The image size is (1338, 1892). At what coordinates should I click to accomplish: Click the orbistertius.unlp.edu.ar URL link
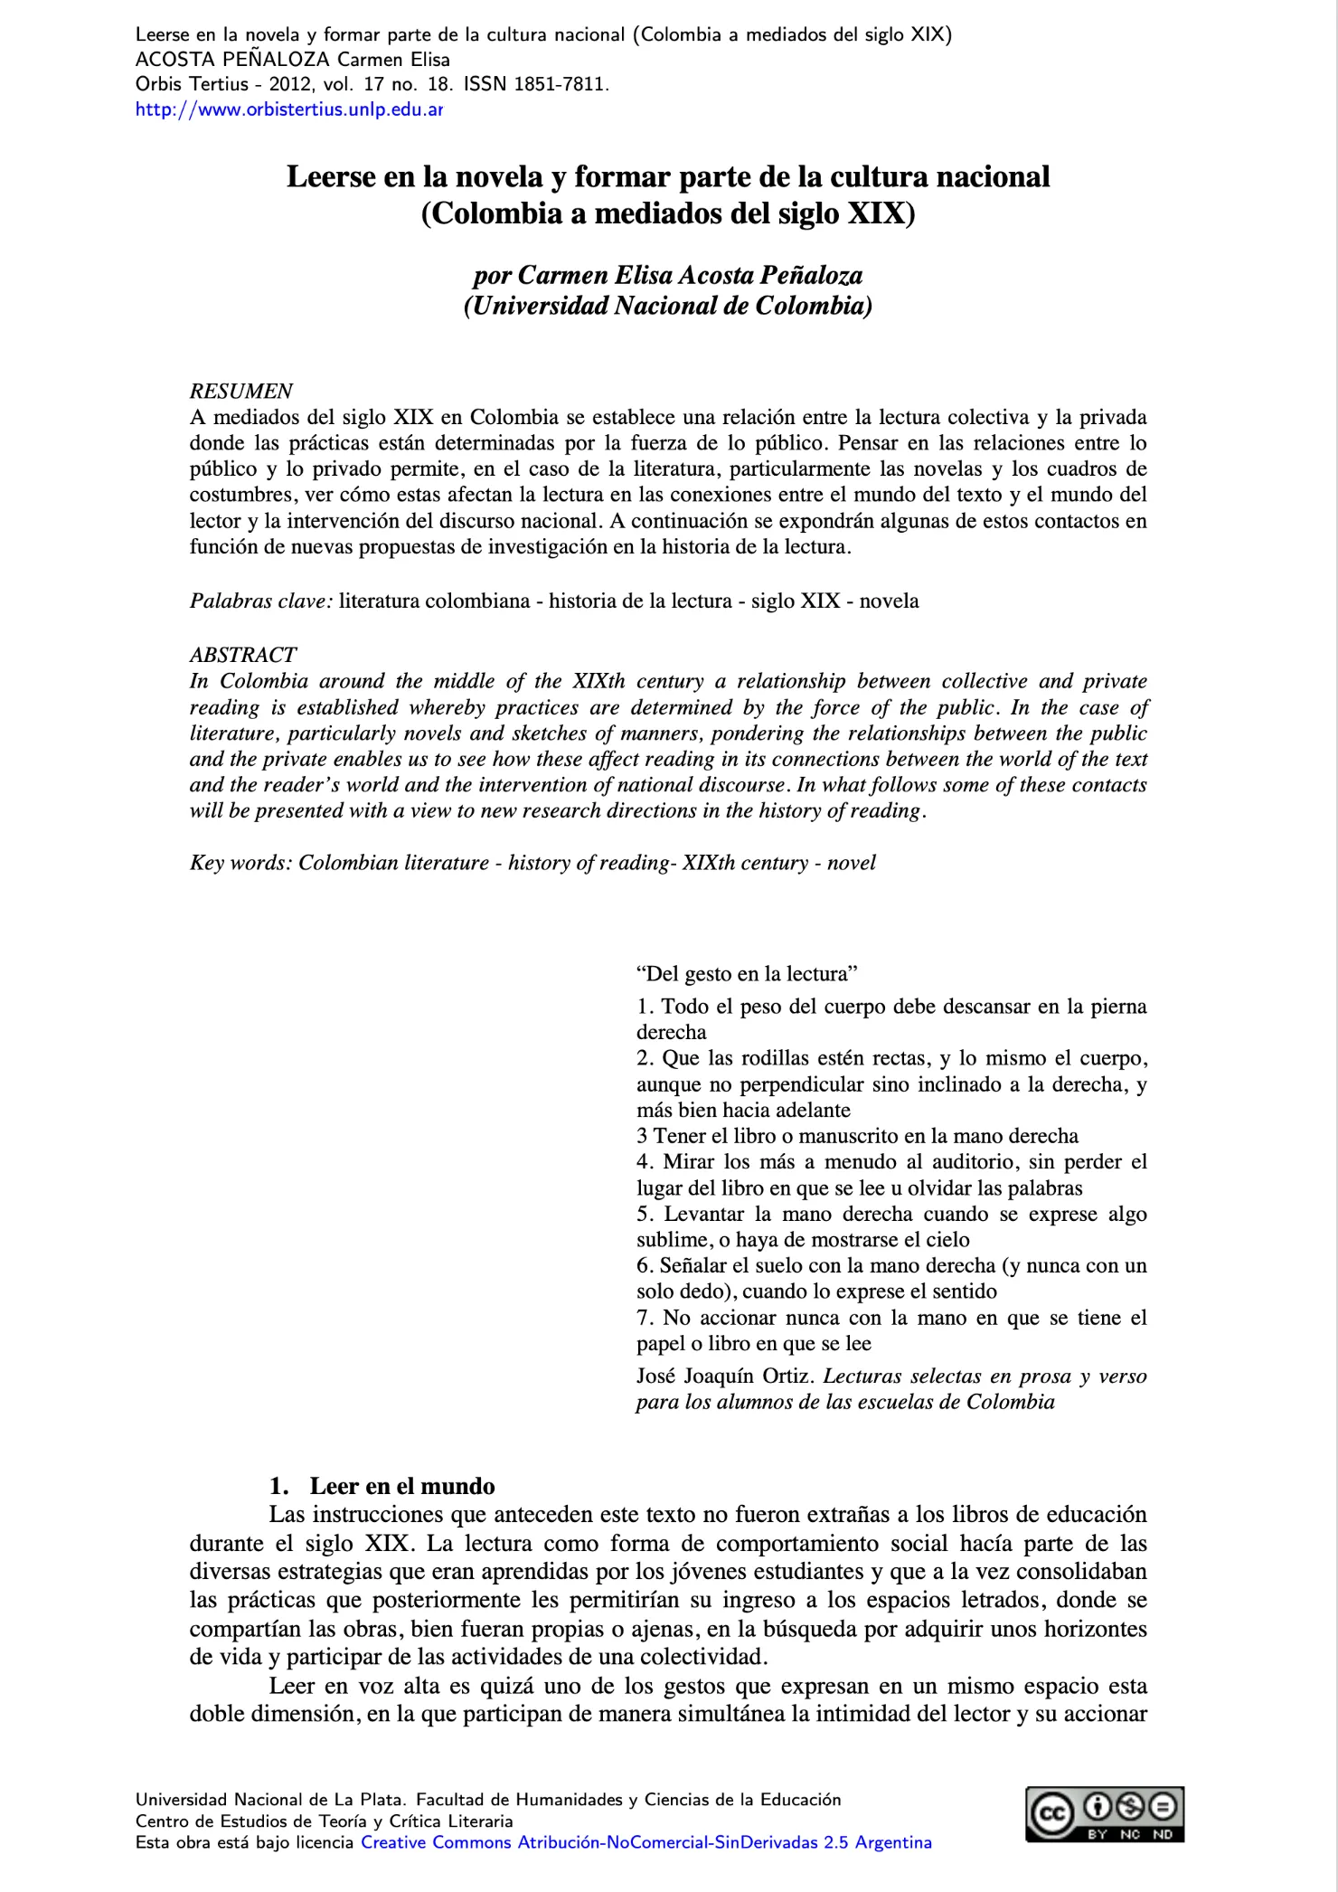click(288, 110)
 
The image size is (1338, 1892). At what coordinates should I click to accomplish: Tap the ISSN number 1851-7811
click(561, 85)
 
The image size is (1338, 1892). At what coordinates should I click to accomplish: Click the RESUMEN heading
click(240, 391)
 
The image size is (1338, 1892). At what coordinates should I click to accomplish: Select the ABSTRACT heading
click(242, 655)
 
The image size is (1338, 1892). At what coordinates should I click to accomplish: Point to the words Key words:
click(240, 863)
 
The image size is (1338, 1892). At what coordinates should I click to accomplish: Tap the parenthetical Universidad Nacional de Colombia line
click(668, 306)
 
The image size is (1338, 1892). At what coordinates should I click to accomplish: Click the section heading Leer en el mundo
click(401, 1486)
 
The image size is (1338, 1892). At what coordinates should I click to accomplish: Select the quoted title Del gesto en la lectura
click(747, 974)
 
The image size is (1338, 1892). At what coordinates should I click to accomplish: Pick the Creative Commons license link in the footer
click(645, 1842)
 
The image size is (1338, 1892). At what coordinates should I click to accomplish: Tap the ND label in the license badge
click(1163, 1834)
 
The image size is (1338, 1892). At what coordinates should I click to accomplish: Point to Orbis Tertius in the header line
click(191, 85)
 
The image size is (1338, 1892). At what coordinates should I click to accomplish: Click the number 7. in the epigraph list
click(645, 1318)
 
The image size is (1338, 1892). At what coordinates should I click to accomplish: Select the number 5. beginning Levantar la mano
click(645, 1214)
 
